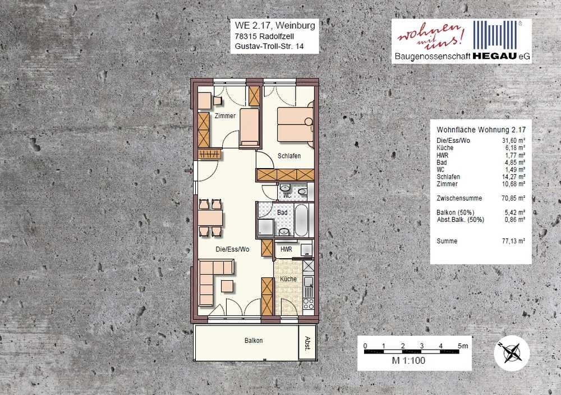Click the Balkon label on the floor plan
coord(254,341)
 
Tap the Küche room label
coord(288,279)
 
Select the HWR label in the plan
coord(286,249)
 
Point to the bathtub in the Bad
coord(301,220)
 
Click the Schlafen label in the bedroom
coord(289,156)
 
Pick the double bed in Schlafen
coord(296,124)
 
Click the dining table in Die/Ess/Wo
coord(210,218)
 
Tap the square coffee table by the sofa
coord(228,286)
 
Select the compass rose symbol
coord(512,353)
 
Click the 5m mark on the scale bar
coord(463,346)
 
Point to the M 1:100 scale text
coord(408,360)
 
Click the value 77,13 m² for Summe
coord(513,241)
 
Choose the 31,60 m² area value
coord(513,141)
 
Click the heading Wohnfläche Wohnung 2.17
coord(481,130)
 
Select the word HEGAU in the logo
coord(495,56)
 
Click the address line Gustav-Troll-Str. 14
coord(269,46)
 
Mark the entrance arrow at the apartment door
coord(188,171)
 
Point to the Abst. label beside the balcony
coord(307,343)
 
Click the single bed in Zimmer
coord(250,128)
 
